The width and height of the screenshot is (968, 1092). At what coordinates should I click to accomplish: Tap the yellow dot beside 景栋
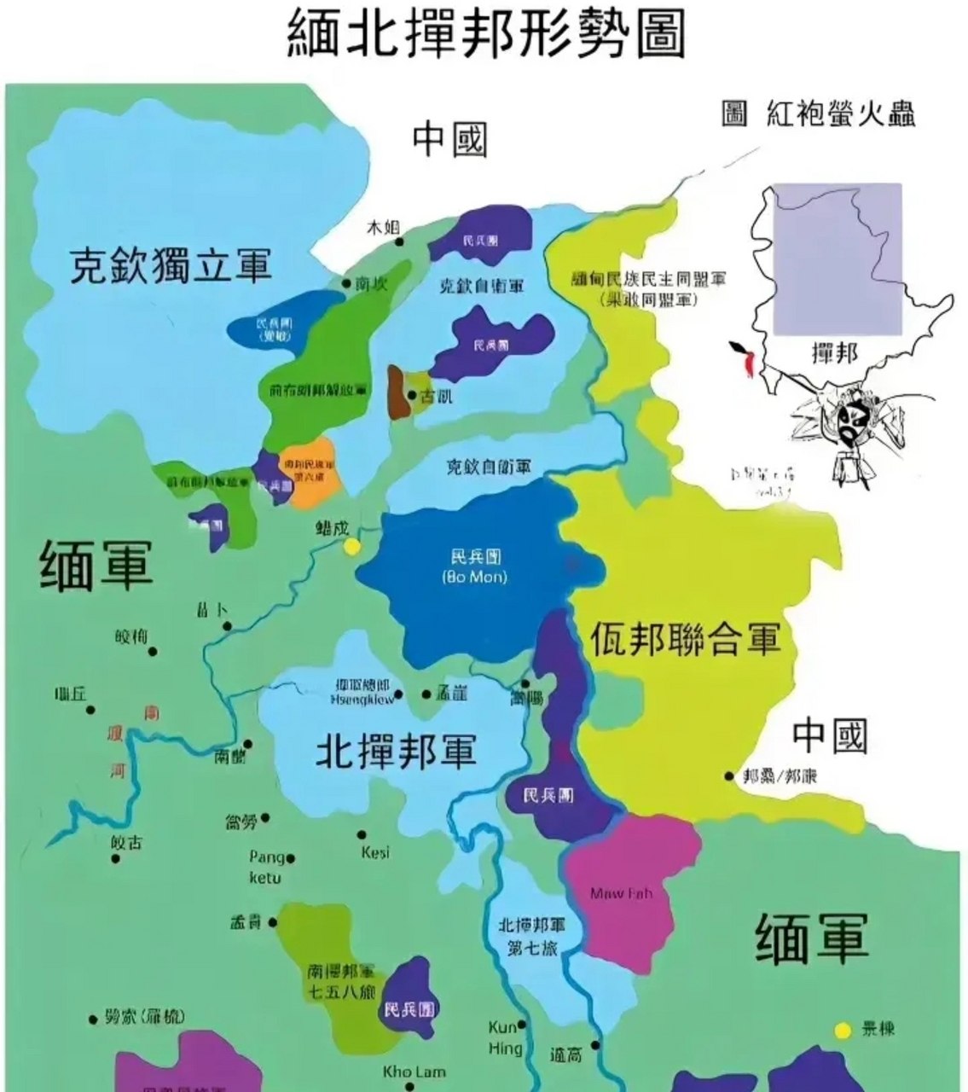[843, 1031]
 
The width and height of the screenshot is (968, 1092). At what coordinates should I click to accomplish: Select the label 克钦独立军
[171, 266]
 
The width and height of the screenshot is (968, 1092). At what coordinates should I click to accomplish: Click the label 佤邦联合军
[686, 638]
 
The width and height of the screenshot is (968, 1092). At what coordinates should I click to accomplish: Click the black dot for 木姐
[399, 242]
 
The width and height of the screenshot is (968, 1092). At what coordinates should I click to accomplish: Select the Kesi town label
[375, 852]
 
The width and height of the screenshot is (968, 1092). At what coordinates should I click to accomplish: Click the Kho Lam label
[414, 1072]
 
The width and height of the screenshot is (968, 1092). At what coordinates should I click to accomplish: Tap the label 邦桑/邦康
[780, 776]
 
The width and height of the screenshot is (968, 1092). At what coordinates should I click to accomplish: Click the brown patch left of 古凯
[397, 393]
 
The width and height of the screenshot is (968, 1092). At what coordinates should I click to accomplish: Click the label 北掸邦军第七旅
[531, 936]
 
